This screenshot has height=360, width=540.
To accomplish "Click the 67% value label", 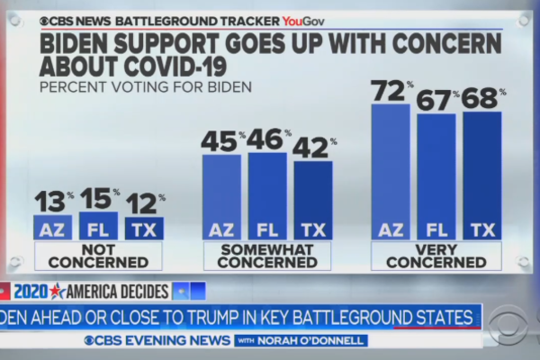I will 436,101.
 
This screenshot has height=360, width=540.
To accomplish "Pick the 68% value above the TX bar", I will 483,99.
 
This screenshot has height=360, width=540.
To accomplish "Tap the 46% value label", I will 268,139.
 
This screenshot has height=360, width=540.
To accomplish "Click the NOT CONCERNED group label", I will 98,256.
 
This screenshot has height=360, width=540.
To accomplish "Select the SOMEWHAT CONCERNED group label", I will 268,256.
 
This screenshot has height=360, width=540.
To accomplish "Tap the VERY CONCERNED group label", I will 437,256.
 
